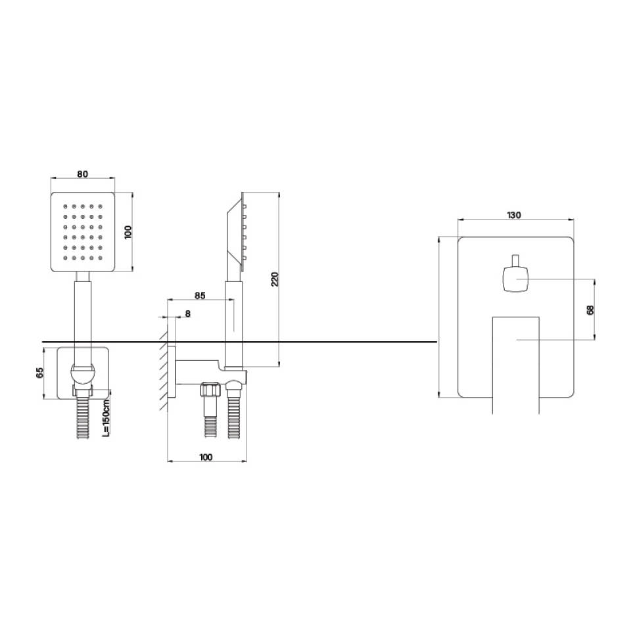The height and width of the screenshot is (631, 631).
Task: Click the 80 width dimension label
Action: (82, 174)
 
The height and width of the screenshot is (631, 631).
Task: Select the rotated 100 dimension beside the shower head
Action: (128, 232)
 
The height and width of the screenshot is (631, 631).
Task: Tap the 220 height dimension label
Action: (275, 279)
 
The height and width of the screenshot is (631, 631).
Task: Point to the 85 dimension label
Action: (200, 295)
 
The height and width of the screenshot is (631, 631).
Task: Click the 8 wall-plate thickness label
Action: (188, 314)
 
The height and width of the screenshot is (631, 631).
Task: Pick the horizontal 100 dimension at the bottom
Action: (206, 457)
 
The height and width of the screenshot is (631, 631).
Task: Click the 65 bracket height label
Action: (39, 373)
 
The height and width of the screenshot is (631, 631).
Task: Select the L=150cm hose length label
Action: (106, 418)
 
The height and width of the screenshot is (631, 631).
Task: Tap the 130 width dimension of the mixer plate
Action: (513, 215)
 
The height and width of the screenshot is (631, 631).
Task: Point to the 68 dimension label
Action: (590, 310)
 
